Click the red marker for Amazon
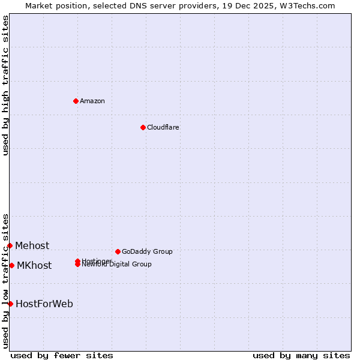point(76,101)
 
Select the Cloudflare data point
point(143,127)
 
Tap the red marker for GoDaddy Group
point(118,251)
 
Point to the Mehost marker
point(10,245)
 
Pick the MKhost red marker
point(11,265)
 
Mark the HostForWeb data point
point(10,304)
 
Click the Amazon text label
point(92,101)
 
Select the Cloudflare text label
point(163,127)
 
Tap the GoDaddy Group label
point(147,251)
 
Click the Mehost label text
point(32,245)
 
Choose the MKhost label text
point(34,265)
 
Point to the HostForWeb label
point(44,304)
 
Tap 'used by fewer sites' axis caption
point(62,355)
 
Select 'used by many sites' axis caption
point(301,355)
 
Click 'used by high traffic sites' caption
point(5,85)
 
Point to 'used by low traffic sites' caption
point(5,281)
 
